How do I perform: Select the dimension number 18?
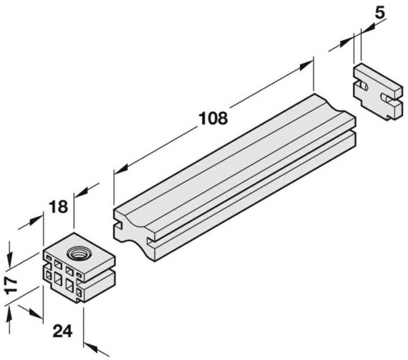(58, 207)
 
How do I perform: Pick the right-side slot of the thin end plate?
(387, 98)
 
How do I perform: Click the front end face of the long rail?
(133, 229)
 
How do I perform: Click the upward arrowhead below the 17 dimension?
(10, 310)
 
